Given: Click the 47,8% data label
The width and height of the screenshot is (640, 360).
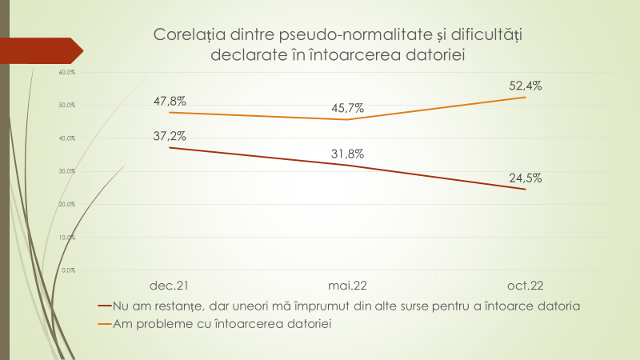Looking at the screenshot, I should [170, 102].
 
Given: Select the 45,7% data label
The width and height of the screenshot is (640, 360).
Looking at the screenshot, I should [348, 108].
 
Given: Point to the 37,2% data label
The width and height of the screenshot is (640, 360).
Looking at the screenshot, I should [170, 135].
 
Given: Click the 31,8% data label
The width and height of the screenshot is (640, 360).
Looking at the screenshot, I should [348, 154].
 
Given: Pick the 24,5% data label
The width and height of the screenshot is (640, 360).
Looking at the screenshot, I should [526, 178].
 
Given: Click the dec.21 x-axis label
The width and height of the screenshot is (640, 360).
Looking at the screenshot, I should [170, 285].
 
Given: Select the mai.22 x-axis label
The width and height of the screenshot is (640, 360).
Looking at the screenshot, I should [348, 285].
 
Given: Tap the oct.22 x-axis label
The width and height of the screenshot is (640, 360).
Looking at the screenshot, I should [526, 285].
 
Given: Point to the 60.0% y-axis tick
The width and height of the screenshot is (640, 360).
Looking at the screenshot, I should [67, 73].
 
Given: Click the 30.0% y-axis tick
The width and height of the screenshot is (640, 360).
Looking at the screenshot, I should [67, 171].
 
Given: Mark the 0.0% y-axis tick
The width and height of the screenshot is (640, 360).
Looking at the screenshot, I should [69, 270].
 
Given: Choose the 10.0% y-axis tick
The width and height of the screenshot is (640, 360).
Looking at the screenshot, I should [67, 238].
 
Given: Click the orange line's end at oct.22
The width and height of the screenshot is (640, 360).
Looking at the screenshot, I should [526, 97].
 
